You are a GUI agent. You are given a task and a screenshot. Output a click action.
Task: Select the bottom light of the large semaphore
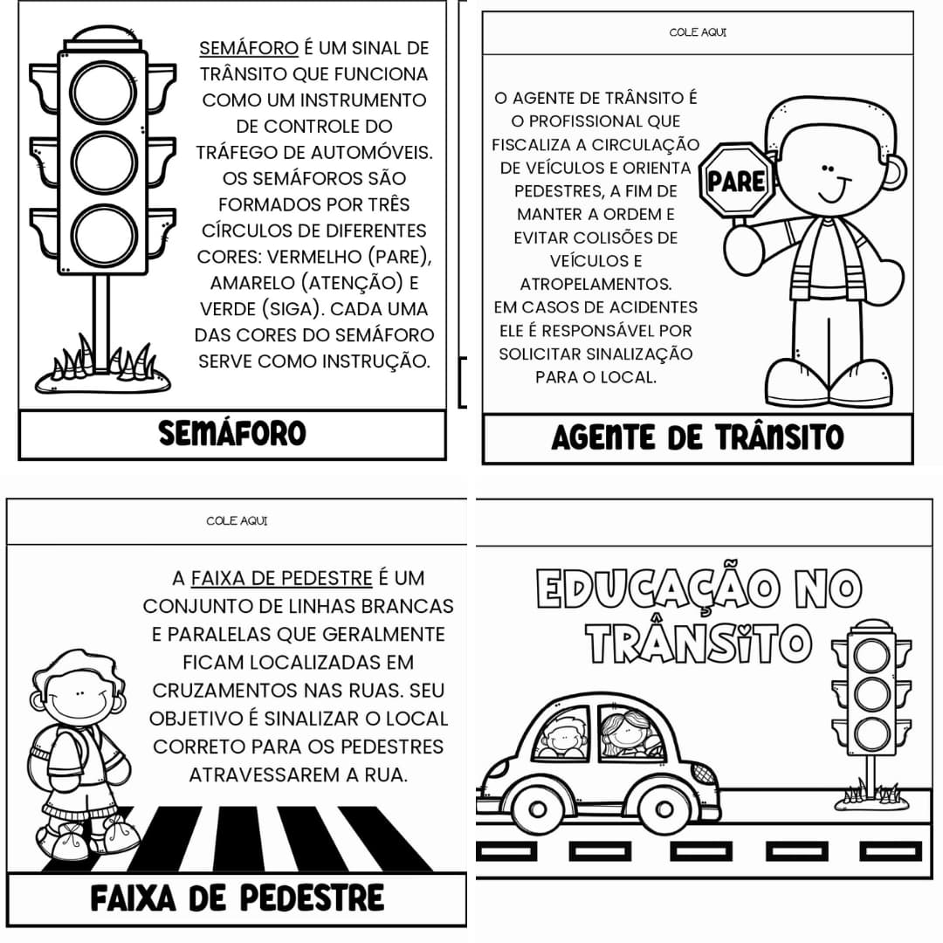pyautogui.click(x=104, y=234)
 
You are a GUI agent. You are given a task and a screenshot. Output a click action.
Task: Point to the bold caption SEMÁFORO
pyautogui.click(x=232, y=433)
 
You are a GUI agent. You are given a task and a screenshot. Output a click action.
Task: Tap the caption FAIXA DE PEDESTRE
pyautogui.click(x=237, y=898)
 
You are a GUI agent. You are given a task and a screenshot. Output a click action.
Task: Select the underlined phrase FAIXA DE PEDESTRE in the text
pyautogui.click(x=281, y=578)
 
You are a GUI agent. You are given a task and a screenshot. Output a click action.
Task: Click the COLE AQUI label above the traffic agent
pyautogui.click(x=698, y=33)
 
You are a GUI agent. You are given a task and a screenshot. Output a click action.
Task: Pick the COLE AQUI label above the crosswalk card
pyautogui.click(x=237, y=521)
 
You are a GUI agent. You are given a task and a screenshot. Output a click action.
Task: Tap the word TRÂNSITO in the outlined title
pyautogui.click(x=698, y=644)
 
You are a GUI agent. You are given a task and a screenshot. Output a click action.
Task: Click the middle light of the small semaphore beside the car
pyautogui.click(x=871, y=694)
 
